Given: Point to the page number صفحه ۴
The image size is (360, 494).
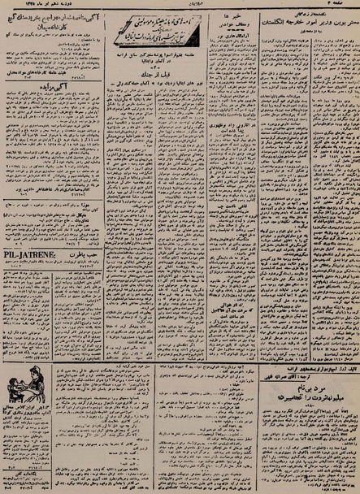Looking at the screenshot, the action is pos(345,5).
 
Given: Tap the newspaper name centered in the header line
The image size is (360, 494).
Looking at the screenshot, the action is pos(180,5).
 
